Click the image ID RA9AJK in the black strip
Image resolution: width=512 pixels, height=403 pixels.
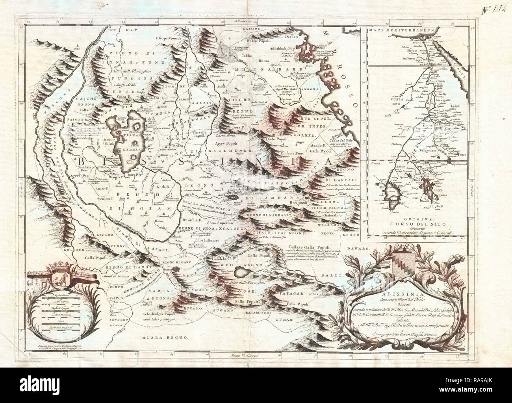pyautogui.click(x=482, y=393)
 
